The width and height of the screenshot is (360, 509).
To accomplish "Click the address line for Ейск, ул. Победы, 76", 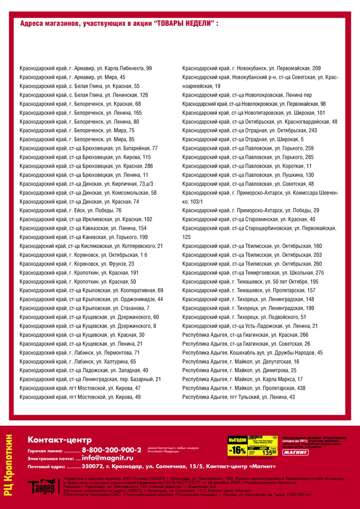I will coord(71,210).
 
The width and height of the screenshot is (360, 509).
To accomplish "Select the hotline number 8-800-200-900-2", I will coord(112,450).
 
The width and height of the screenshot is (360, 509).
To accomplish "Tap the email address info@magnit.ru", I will coord(108,458).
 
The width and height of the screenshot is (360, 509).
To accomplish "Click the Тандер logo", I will coord(42,486).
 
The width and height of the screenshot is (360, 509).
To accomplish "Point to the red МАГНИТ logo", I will coord(295,452).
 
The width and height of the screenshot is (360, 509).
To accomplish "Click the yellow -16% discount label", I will coord(237,450).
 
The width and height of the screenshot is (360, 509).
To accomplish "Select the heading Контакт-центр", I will coord(60,440).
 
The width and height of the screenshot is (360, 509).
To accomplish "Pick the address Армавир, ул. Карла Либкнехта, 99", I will coord(86,68).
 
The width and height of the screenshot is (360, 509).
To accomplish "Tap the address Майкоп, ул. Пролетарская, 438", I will coord(244,388).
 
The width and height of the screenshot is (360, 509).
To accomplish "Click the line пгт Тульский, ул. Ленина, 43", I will coord(238,397).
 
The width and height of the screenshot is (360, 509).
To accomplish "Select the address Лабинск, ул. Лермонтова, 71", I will coord(80,353).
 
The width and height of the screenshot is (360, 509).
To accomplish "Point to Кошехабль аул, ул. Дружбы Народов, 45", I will coord(252,353).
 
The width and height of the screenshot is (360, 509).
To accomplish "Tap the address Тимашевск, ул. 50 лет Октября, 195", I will coord(250,282).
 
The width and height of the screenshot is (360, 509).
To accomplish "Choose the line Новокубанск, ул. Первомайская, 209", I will coord(251,68).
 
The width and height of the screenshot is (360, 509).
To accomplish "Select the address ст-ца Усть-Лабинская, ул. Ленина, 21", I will coord(250,326).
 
